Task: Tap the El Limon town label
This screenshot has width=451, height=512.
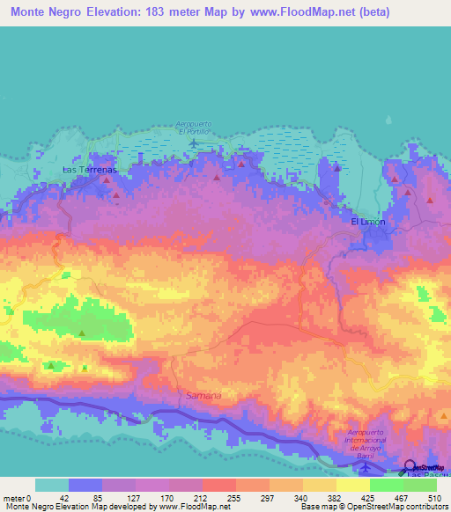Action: pyautogui.click(x=367, y=222)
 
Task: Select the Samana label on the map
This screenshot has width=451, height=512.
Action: pyautogui.click(x=203, y=396)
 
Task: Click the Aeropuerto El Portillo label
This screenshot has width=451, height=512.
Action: pyautogui.click(x=194, y=127)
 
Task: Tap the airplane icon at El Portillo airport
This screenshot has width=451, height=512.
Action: pyautogui.click(x=193, y=143)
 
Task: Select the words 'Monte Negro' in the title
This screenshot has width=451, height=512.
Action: pyautogui.click(x=47, y=13)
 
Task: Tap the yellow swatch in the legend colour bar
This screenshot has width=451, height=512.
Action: pyautogui.click(x=352, y=485)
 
